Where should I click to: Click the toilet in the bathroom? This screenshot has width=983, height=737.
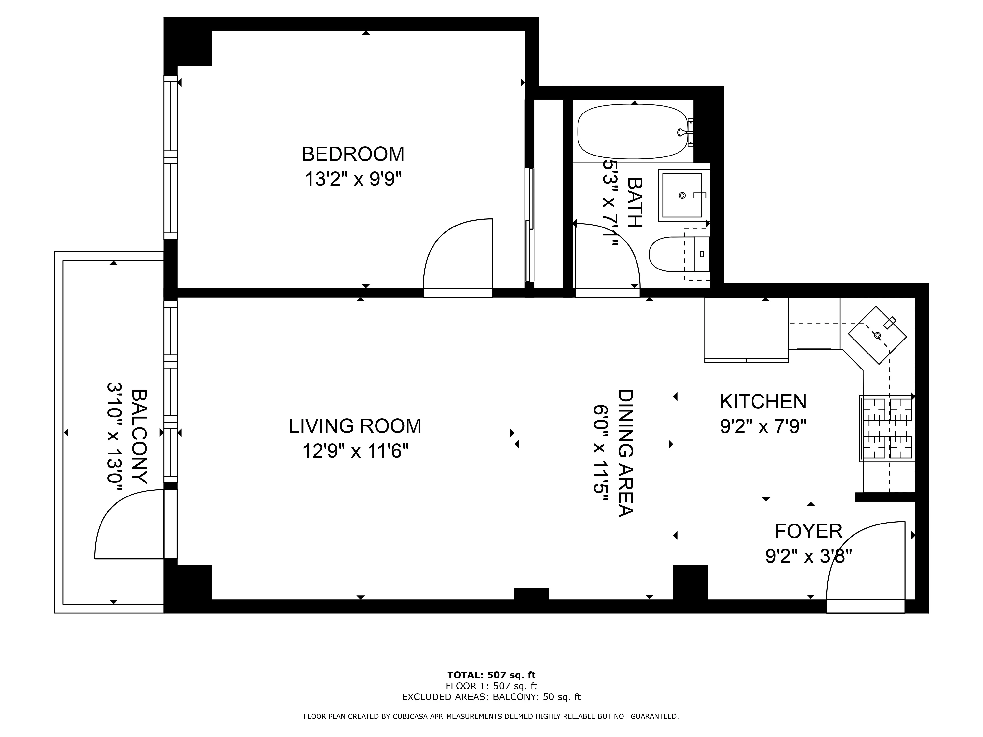click(678, 254)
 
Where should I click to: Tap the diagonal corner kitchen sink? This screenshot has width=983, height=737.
click(877, 335)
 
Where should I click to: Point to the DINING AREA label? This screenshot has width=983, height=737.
click(625, 453)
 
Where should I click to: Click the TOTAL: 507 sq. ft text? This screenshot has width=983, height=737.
click(491, 675)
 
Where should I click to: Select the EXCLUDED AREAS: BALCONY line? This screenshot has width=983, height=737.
click(491, 697)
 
